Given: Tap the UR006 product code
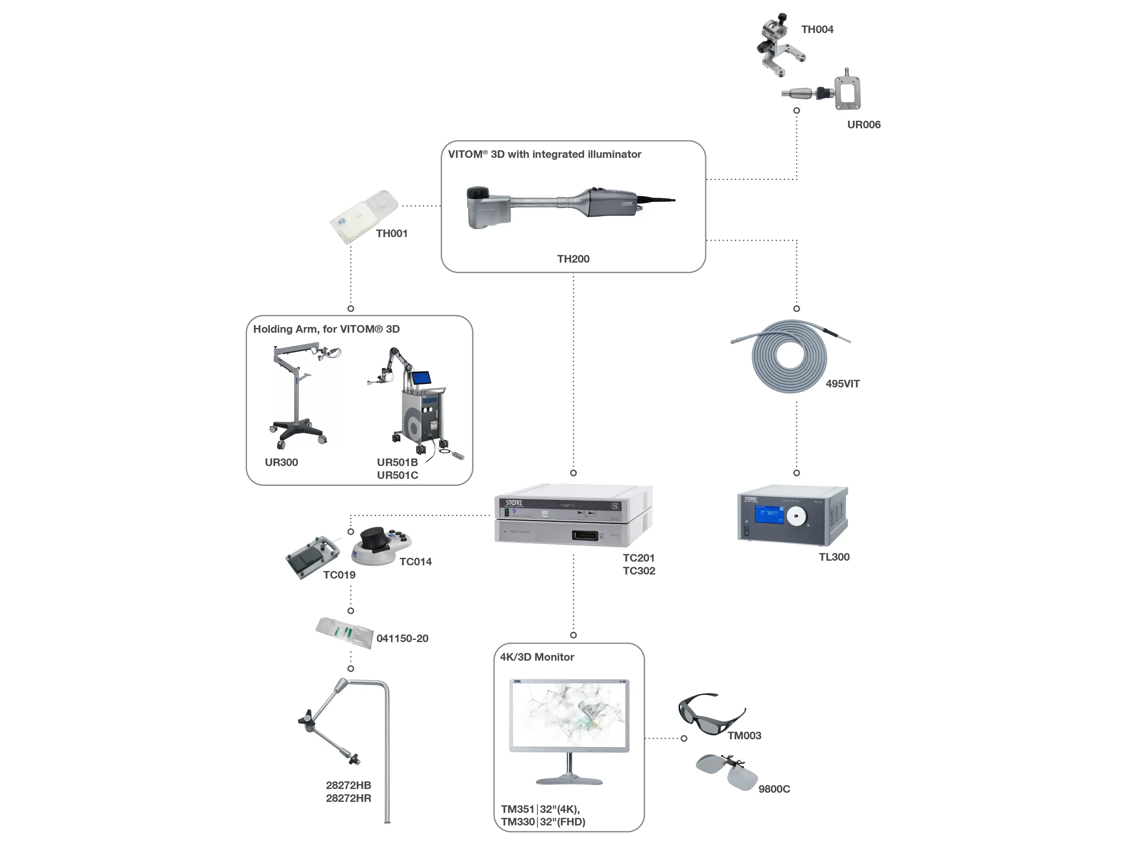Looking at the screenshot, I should [x=863, y=125].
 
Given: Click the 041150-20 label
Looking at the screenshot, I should [x=402, y=639].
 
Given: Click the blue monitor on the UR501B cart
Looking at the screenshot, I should [x=421, y=378].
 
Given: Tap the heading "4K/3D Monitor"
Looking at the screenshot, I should [x=537, y=657].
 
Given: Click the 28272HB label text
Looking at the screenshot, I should [x=348, y=785].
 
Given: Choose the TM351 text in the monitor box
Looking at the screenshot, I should [x=517, y=809].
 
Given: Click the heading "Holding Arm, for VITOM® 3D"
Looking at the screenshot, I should [x=326, y=329].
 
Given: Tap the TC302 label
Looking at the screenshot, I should [x=639, y=571].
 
